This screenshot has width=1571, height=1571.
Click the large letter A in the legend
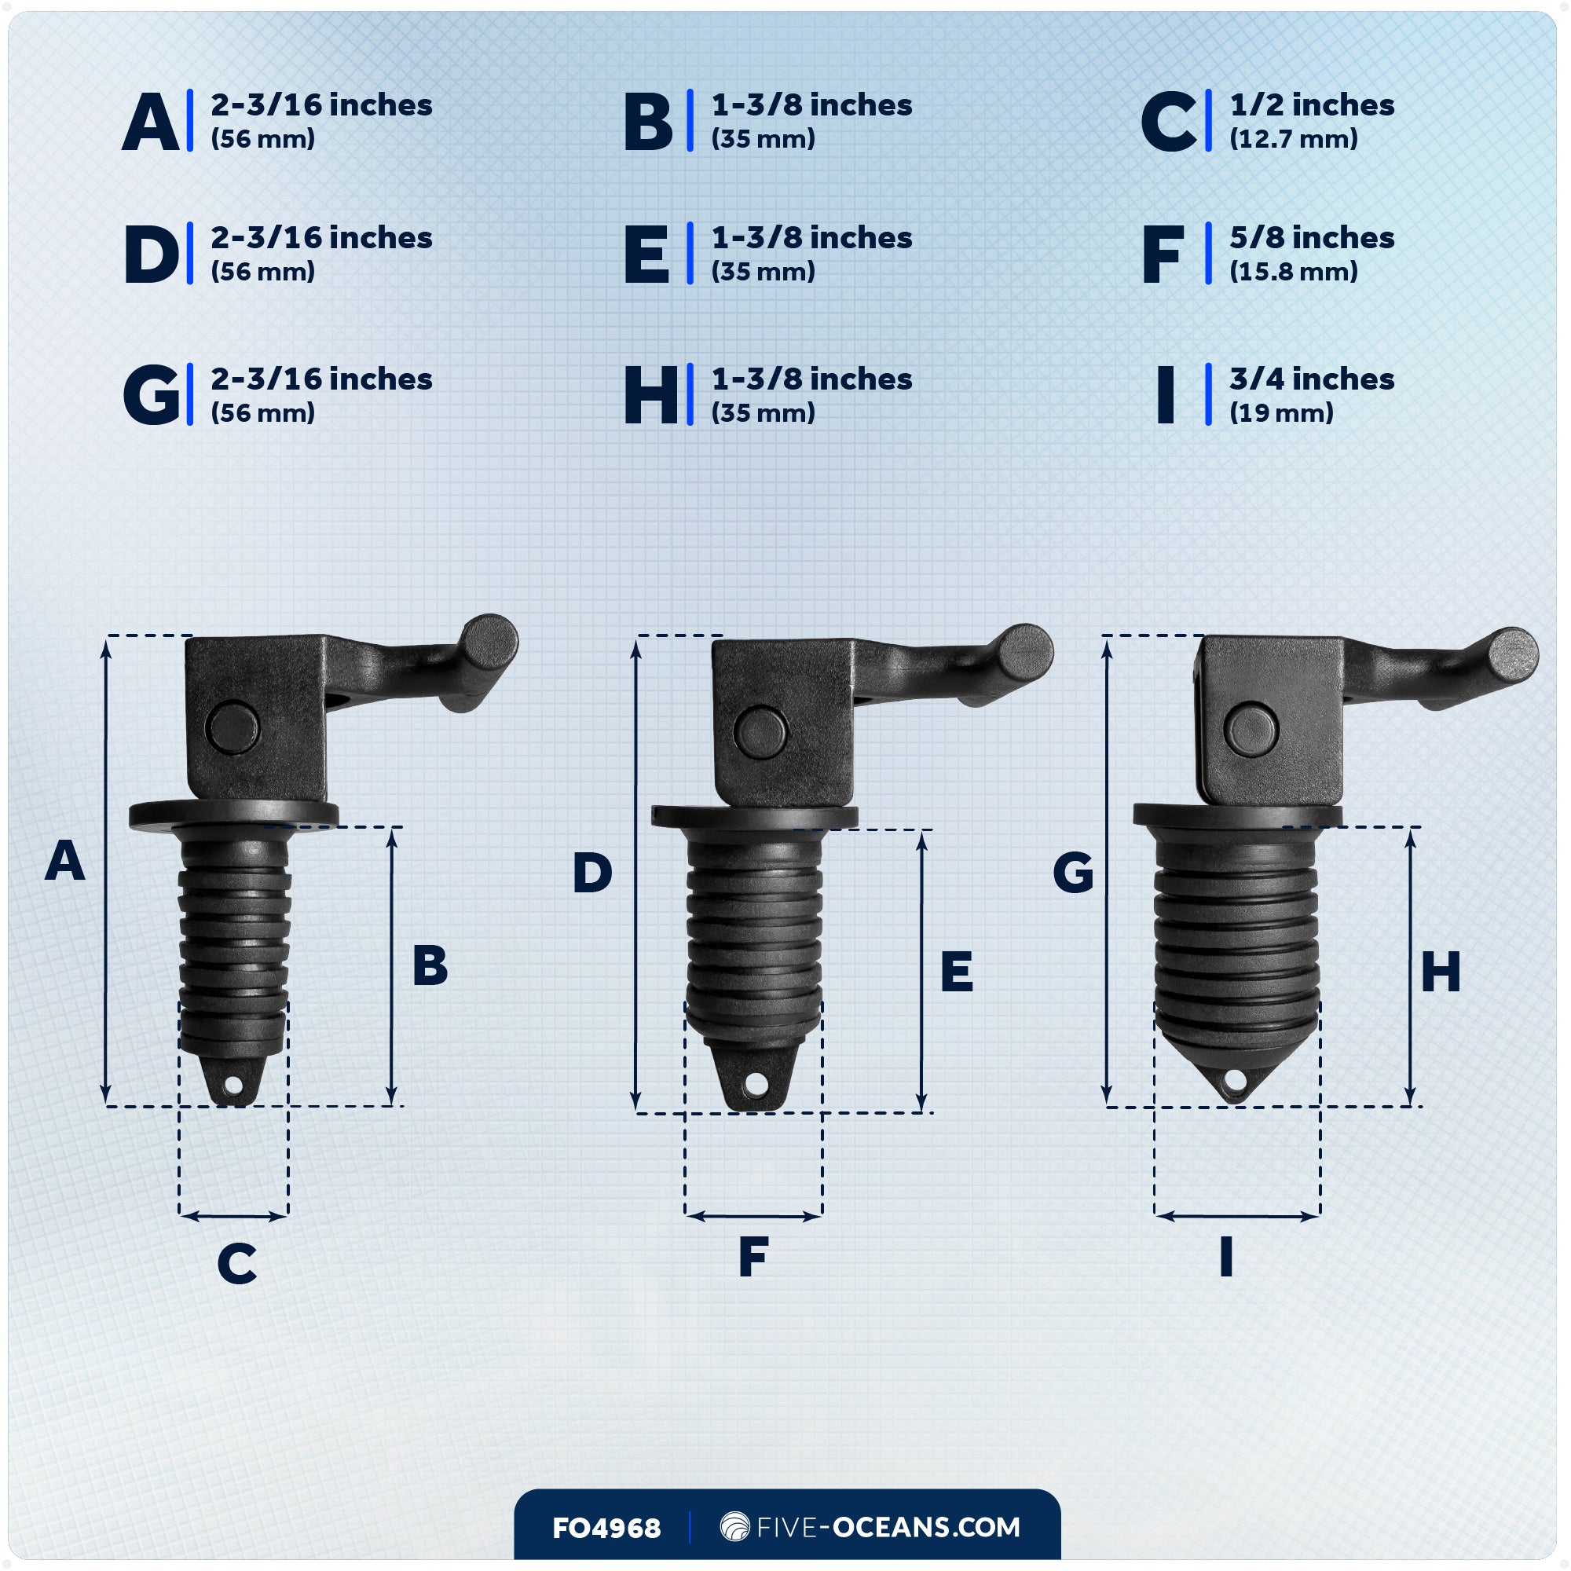click(x=151, y=122)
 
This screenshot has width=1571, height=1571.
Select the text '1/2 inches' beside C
click(x=1311, y=105)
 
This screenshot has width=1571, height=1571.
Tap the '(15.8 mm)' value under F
click(x=1293, y=272)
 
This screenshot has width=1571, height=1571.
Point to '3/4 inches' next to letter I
click(x=1311, y=379)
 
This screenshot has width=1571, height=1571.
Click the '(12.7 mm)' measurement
click(x=1293, y=139)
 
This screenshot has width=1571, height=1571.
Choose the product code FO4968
click(x=606, y=1528)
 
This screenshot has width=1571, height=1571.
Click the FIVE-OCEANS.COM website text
click(x=888, y=1527)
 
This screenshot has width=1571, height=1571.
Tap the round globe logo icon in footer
click(x=734, y=1526)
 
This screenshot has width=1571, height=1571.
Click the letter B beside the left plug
click(x=430, y=966)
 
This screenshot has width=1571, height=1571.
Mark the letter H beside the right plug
click(x=1440, y=972)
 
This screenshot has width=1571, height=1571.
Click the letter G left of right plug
click(x=1072, y=873)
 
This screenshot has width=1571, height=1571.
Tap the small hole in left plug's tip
click(x=233, y=1086)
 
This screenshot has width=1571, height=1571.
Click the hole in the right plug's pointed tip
click(x=1234, y=1081)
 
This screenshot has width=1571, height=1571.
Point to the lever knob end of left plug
click(x=490, y=641)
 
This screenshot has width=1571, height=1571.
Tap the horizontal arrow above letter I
click(x=1236, y=1217)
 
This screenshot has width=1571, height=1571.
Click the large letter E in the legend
click(x=646, y=255)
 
